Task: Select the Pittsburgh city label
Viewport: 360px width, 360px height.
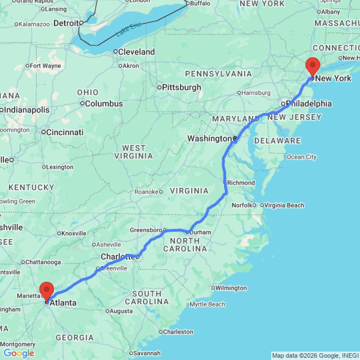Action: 181,87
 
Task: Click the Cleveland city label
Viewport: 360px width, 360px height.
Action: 136,52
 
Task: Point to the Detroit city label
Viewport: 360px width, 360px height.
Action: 66,23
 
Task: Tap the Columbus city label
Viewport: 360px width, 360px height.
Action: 104,104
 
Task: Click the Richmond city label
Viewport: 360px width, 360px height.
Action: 241,183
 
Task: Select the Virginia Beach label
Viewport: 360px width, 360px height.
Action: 284,205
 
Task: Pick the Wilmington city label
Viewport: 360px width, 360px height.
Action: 231,288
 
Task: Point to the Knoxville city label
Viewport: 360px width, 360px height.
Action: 74,233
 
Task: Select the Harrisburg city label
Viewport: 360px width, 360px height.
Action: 256,93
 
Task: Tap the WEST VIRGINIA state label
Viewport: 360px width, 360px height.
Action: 134,152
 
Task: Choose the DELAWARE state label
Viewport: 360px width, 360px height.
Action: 278,141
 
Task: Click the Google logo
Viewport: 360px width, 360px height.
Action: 19,354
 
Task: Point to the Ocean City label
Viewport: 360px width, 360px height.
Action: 302,157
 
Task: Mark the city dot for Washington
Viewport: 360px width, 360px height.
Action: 234,138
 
